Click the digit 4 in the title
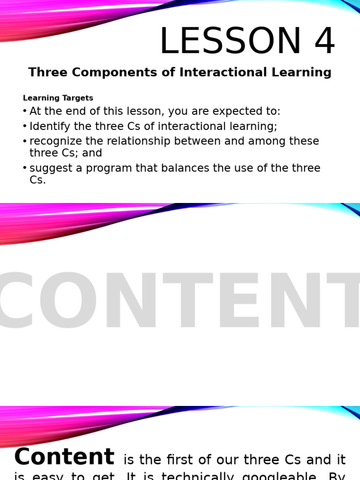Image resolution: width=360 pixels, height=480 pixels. [324, 42]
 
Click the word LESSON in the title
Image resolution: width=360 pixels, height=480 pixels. [230, 42]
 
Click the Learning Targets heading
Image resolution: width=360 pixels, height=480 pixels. [58, 98]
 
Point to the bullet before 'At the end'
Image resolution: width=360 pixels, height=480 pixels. [25, 111]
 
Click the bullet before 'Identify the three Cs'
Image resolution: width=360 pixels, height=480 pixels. [25, 126]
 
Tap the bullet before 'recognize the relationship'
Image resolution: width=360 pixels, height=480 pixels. [25, 141]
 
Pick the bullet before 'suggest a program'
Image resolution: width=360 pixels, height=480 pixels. [25, 168]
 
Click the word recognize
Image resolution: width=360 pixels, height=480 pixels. [56, 142]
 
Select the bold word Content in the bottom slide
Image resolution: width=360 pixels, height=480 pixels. [64, 457]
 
